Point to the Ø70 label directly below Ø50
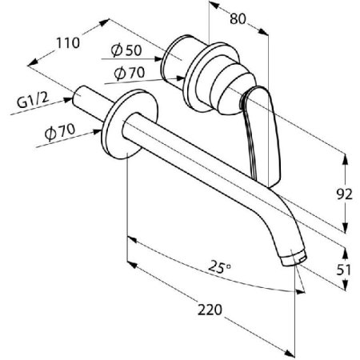point(129,74)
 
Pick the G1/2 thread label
point(30,102)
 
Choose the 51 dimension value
point(345,271)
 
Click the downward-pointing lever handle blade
point(265,140)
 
